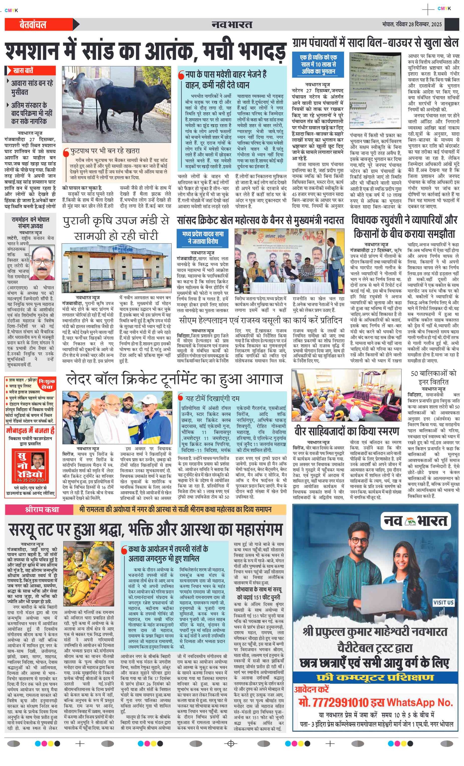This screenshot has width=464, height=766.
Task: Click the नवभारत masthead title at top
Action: click(x=232, y=24)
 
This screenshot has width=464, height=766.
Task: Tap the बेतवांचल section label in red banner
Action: click(x=33, y=25)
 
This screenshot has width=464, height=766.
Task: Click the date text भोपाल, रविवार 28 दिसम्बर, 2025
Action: click(x=412, y=25)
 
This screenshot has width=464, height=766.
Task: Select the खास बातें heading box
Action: click(x=30, y=71)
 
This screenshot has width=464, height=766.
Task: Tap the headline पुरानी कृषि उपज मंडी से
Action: click(x=116, y=228)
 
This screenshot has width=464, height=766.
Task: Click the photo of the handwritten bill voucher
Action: click(x=375, y=90)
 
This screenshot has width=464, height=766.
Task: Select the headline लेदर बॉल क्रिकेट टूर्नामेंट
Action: click(x=174, y=379)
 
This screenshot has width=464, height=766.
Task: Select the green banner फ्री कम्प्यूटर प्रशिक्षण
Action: click(x=375, y=678)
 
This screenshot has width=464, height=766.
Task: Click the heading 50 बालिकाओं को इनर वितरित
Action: click(x=433, y=377)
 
